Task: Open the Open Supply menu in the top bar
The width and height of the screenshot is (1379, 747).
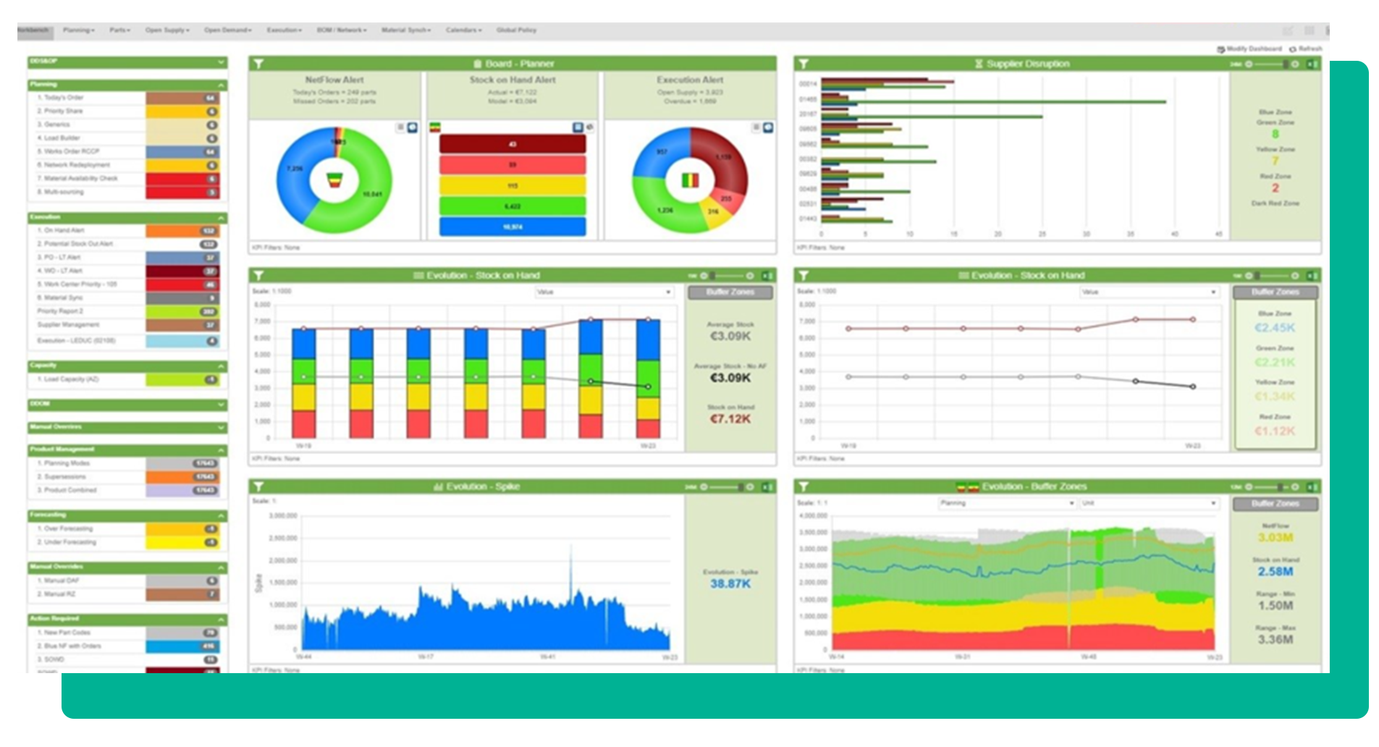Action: tap(166, 30)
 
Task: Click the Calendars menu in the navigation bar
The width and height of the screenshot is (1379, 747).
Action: tap(463, 30)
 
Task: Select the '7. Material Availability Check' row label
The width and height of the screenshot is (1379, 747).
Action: tap(80, 179)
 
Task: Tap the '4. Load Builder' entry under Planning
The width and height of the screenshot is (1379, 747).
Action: tap(62, 138)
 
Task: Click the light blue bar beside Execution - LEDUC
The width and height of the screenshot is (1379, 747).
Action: tap(182, 341)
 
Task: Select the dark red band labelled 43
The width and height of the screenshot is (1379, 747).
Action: tap(513, 144)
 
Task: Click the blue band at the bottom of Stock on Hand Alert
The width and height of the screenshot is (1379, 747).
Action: tap(513, 227)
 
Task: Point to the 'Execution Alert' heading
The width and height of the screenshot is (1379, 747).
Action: tap(690, 80)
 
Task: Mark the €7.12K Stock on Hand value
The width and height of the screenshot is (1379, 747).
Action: tap(730, 419)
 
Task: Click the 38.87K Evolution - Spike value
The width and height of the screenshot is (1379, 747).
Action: tap(730, 584)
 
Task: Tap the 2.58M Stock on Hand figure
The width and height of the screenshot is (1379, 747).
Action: tap(1275, 572)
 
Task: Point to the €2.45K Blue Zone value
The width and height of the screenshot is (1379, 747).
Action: tap(1275, 328)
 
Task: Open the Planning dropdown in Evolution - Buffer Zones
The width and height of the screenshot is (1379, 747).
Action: tap(1007, 503)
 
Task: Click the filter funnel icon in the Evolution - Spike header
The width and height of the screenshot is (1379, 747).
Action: tap(258, 487)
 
